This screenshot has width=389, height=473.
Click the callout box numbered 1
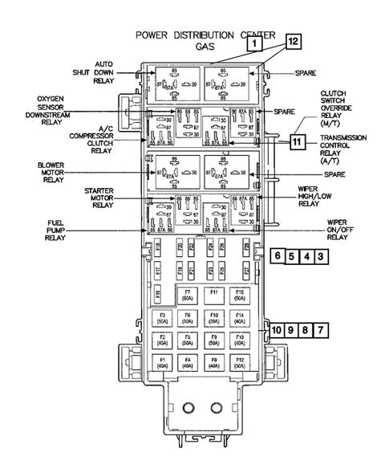(253, 46)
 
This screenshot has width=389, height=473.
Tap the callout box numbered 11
(298, 142)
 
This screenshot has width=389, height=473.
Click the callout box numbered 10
(276, 330)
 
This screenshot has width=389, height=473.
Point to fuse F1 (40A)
(162, 361)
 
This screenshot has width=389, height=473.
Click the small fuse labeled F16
(157, 290)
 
